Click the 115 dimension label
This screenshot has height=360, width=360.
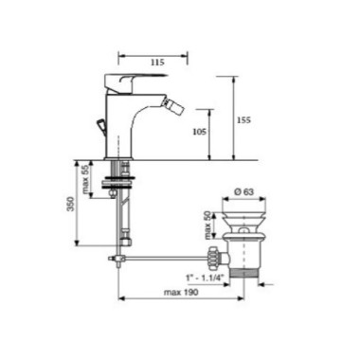pyautogui.click(x=157, y=63)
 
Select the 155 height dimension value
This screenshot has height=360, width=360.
pyautogui.click(x=243, y=120)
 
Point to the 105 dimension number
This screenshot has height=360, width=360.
pyautogui.click(x=200, y=132)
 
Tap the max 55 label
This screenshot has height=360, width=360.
pyautogui.click(x=85, y=179)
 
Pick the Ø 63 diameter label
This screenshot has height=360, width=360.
pyautogui.click(x=243, y=191)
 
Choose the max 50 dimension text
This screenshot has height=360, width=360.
pyautogui.click(x=207, y=225)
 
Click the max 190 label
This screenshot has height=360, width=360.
pyautogui.click(x=181, y=292)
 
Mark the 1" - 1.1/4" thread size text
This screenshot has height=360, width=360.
pyautogui.click(x=205, y=278)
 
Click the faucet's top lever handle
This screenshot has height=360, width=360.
pyautogui.click(x=135, y=82)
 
